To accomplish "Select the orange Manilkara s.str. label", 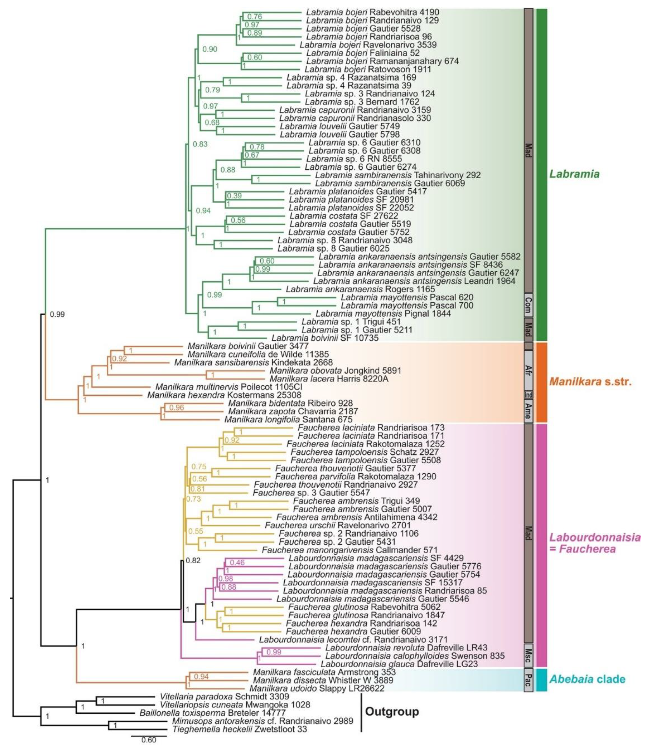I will [x=590, y=382].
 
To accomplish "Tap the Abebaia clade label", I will [x=587, y=679].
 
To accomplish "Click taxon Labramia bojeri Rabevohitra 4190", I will [x=372, y=12].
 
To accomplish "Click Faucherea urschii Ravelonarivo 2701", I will [x=337, y=525].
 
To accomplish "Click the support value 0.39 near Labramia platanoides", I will [x=234, y=196].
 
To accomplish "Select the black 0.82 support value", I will [x=193, y=560].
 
